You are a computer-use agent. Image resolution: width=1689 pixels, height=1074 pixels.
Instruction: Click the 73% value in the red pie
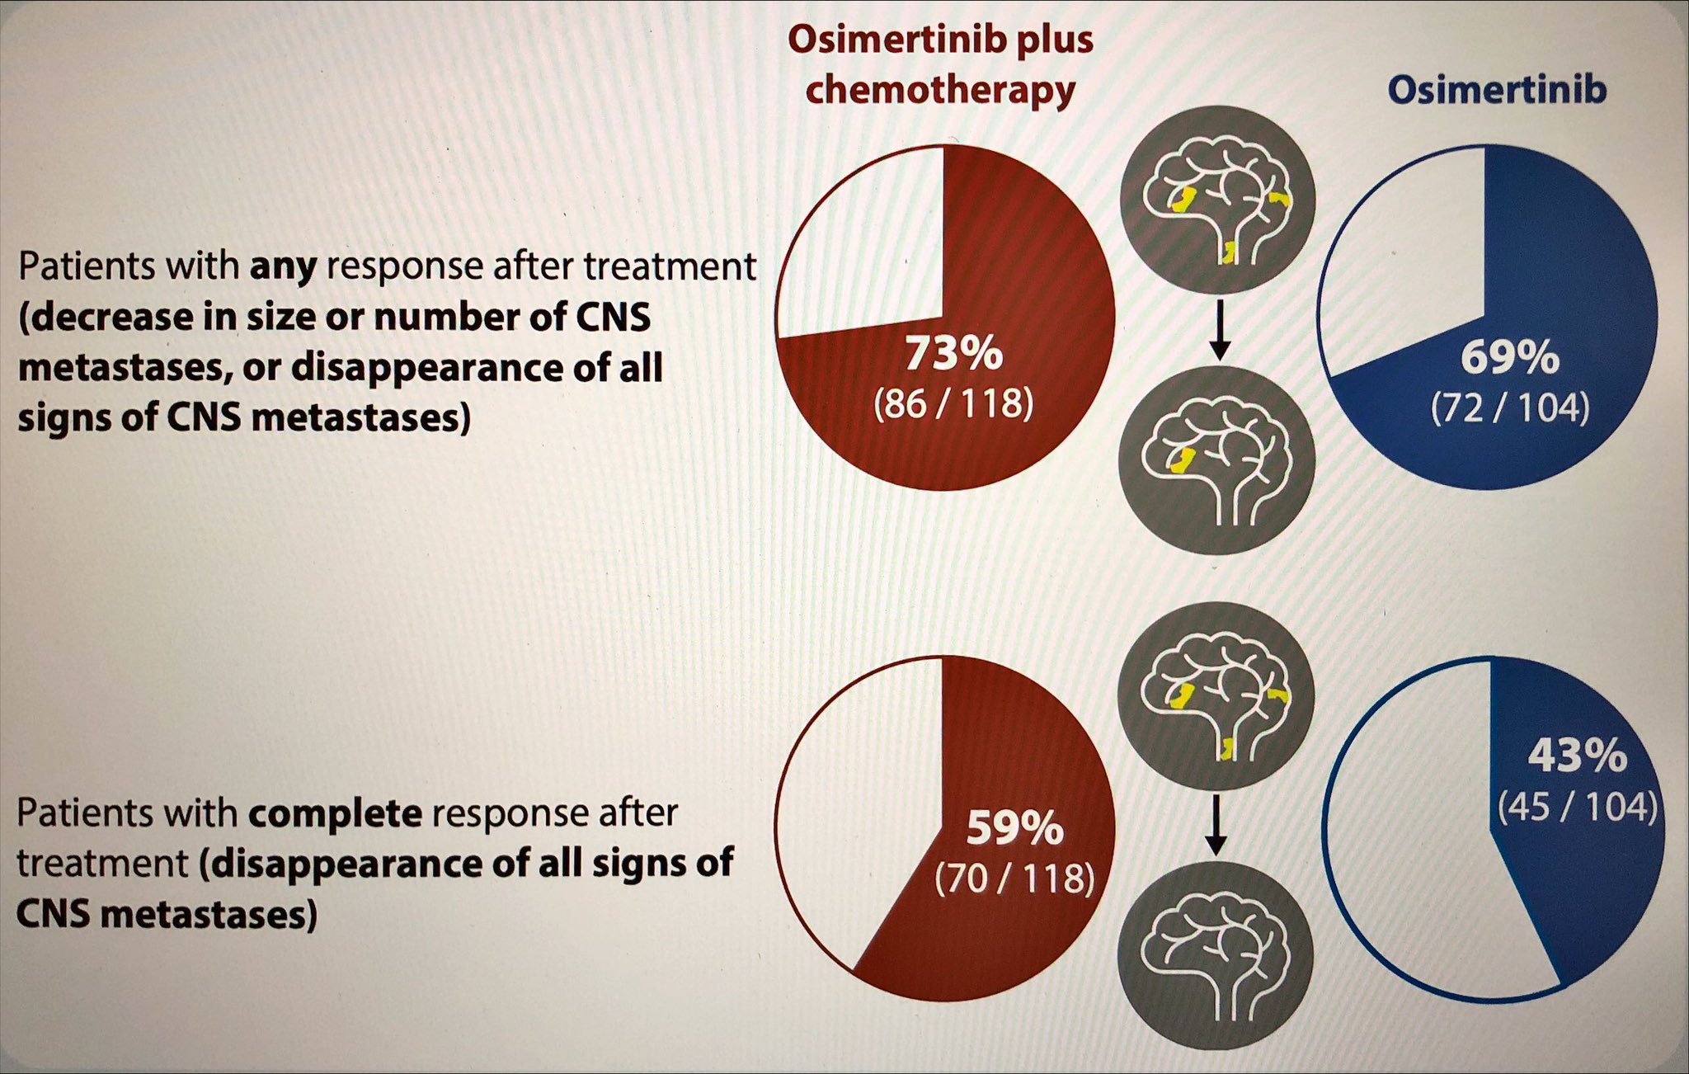(954, 353)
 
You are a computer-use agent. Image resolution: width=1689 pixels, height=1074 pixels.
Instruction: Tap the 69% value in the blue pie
(1510, 358)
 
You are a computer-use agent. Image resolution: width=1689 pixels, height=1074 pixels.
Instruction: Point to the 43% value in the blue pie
(1578, 756)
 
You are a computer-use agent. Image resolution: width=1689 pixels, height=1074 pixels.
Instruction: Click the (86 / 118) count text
(953, 403)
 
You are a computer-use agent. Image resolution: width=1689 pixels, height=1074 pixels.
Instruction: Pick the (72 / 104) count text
(1510, 407)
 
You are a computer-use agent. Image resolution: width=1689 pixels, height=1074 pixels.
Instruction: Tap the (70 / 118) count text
(1014, 878)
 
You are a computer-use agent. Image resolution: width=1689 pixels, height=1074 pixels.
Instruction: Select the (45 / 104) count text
(1578, 806)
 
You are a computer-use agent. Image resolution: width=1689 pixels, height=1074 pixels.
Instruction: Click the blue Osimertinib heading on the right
(1497, 90)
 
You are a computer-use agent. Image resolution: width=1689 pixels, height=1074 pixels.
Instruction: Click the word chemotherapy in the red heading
(940, 90)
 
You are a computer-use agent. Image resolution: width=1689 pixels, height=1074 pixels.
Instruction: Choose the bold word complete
(335, 814)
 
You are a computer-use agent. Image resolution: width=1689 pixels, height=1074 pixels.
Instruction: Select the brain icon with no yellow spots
(1215, 956)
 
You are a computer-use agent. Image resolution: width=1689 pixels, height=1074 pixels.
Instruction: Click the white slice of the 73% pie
(866, 247)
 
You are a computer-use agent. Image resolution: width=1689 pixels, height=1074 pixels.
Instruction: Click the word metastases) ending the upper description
(361, 418)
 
